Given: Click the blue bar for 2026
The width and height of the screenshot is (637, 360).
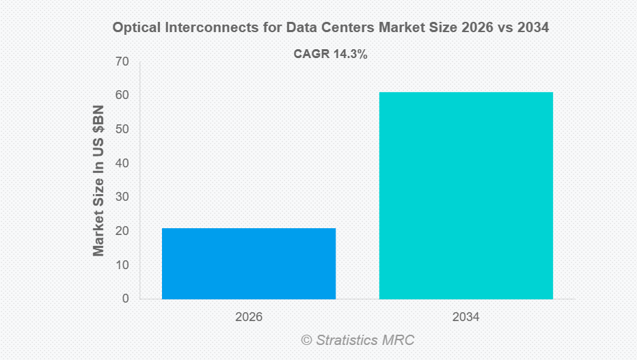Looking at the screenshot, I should [x=249, y=264].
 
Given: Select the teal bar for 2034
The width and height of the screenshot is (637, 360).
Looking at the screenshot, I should [x=465, y=195].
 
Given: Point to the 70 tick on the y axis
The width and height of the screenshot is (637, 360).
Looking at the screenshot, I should [x=122, y=62].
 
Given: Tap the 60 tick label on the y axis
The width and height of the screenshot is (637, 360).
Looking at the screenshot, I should [x=122, y=96].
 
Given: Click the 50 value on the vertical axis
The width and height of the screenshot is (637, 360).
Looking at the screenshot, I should [x=122, y=130].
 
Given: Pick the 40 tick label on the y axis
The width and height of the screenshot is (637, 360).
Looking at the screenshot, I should [x=122, y=163].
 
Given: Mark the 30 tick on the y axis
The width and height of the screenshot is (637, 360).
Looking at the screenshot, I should [x=122, y=197].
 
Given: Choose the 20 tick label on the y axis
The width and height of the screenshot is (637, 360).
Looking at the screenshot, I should [x=122, y=231].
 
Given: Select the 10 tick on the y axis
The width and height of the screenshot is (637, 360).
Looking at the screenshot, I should [x=122, y=265].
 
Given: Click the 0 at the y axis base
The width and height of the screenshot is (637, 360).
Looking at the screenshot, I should [x=125, y=299].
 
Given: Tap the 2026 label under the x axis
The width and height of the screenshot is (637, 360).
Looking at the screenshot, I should [x=249, y=318].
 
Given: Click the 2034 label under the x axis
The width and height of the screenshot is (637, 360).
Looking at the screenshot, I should [x=465, y=318].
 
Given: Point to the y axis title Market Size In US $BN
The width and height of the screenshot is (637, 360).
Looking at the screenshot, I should [x=99, y=180].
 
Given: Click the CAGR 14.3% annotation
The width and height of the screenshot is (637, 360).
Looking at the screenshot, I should [x=331, y=55].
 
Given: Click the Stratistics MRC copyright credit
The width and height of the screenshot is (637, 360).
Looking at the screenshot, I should [x=357, y=340].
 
